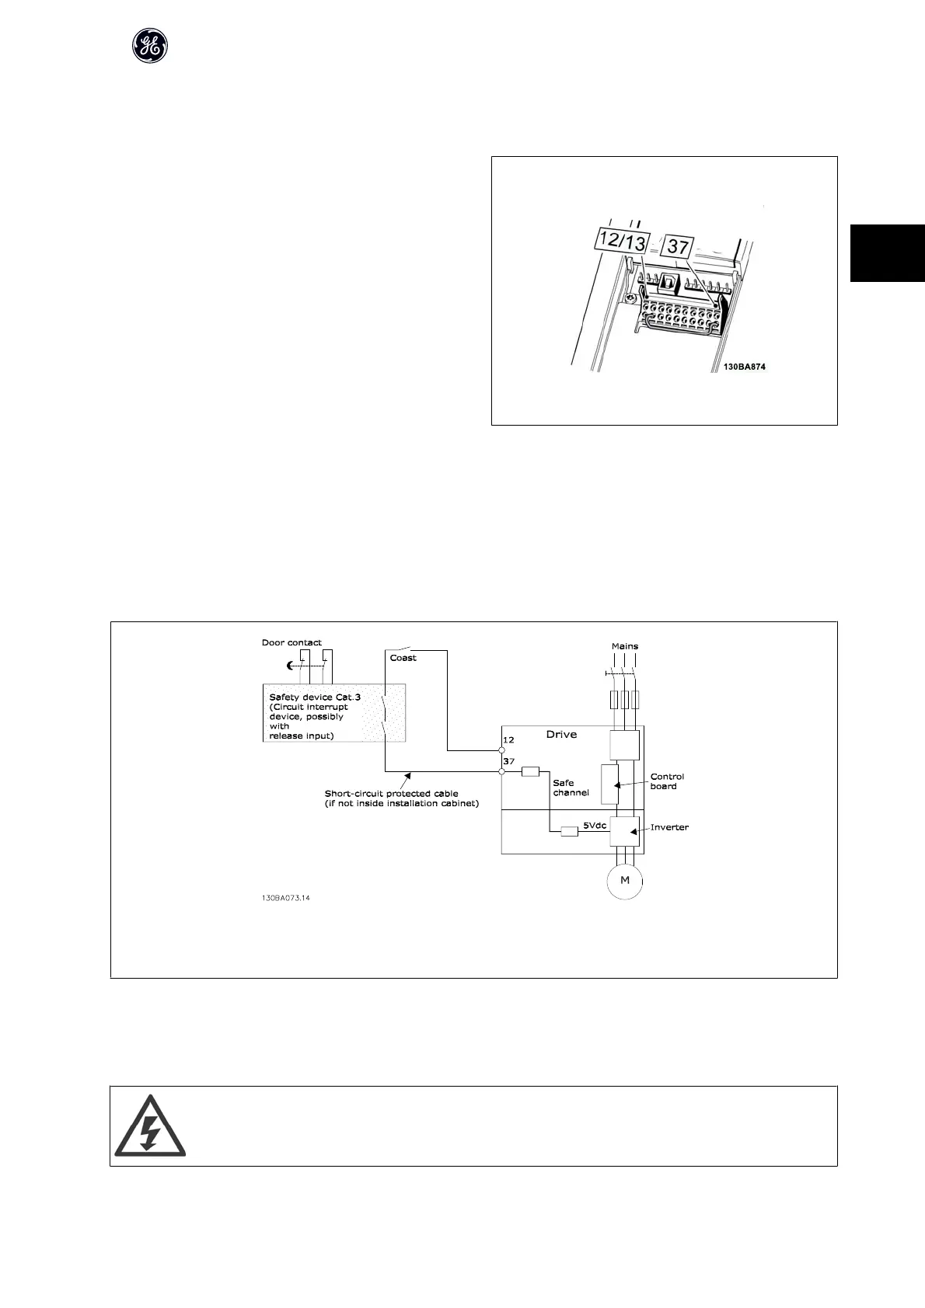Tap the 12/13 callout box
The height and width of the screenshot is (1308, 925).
(621, 242)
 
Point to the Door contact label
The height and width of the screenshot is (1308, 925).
(291, 642)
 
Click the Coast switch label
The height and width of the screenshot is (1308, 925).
(403, 658)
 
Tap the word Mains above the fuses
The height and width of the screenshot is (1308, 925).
(624, 645)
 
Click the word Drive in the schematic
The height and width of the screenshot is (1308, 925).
(560, 734)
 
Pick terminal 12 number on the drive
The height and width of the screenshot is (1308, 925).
(509, 740)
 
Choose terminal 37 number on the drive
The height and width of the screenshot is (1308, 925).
(509, 762)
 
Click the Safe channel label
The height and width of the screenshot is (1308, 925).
(571, 788)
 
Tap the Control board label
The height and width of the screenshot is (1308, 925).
(667, 781)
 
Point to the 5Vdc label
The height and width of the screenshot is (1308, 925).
(595, 826)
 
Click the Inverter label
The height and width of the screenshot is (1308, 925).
(669, 827)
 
